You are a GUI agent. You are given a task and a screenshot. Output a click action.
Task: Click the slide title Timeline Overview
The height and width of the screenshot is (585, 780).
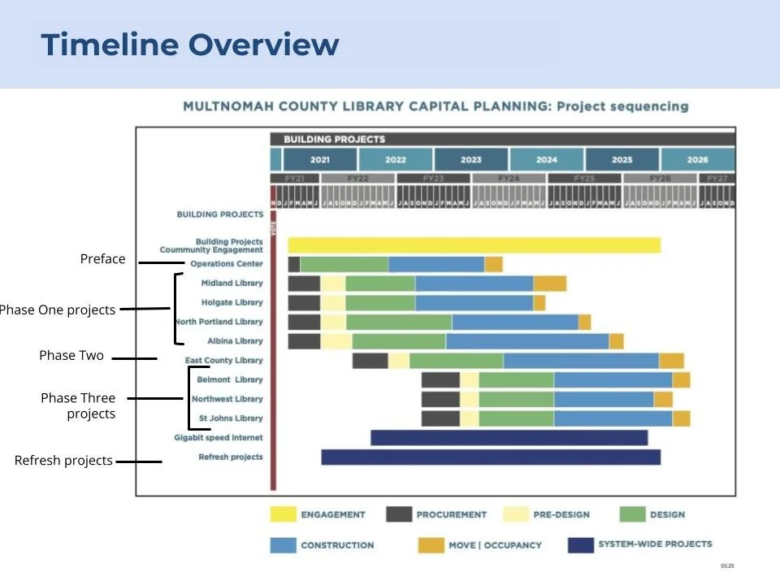189,44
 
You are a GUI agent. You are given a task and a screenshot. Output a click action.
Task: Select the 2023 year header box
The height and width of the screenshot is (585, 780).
470,160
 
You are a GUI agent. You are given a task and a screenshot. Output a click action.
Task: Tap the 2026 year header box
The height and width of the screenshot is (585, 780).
697,160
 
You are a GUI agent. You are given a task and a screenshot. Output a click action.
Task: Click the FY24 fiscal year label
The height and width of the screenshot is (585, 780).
509,178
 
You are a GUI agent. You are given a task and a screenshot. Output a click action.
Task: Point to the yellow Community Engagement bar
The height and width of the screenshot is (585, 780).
474,245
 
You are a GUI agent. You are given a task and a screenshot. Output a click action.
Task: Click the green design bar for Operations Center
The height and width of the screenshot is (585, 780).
344,264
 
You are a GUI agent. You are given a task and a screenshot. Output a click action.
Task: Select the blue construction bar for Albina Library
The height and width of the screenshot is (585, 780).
526,341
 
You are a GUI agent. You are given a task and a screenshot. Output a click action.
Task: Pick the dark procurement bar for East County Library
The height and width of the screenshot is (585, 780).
370,361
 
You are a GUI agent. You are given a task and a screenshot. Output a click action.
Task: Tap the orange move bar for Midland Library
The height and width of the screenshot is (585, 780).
549,284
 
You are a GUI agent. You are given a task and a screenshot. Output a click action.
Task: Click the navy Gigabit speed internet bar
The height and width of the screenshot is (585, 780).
509,438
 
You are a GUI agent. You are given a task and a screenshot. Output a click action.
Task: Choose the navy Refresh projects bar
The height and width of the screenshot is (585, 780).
490,457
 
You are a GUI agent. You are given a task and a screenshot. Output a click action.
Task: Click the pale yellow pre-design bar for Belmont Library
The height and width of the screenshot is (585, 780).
470,380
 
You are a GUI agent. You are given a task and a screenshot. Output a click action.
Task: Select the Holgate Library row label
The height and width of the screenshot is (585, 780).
232,303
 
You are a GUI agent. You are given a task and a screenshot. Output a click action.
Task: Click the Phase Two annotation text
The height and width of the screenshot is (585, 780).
71,356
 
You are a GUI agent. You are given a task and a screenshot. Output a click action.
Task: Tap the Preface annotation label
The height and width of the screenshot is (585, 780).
102,259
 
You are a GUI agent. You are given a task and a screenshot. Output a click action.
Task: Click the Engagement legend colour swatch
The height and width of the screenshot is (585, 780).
283,514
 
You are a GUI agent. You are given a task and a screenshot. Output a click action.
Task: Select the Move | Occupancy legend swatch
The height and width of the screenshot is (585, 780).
431,545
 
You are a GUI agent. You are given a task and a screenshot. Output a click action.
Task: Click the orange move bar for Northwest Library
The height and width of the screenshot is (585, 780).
663,399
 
